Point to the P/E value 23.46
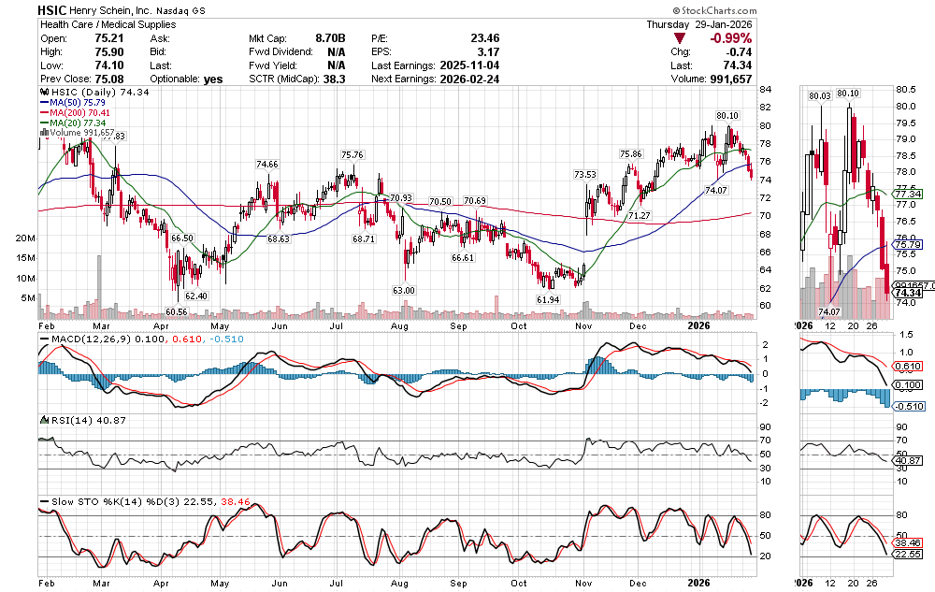[484, 38]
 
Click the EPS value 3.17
[487, 52]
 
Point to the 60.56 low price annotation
[178, 310]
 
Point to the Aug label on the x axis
[400, 582]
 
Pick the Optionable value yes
[213, 79]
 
